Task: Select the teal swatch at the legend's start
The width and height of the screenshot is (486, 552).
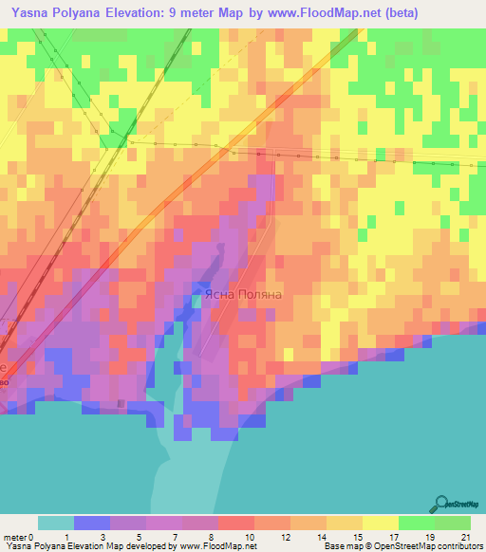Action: pyautogui.click(x=55, y=523)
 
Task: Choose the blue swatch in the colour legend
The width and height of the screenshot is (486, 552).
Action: pyautogui.click(x=91, y=523)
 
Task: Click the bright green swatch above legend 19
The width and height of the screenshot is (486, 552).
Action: pyautogui.click(x=417, y=523)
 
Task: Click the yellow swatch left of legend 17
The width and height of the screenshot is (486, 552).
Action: pyautogui.click(x=381, y=523)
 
